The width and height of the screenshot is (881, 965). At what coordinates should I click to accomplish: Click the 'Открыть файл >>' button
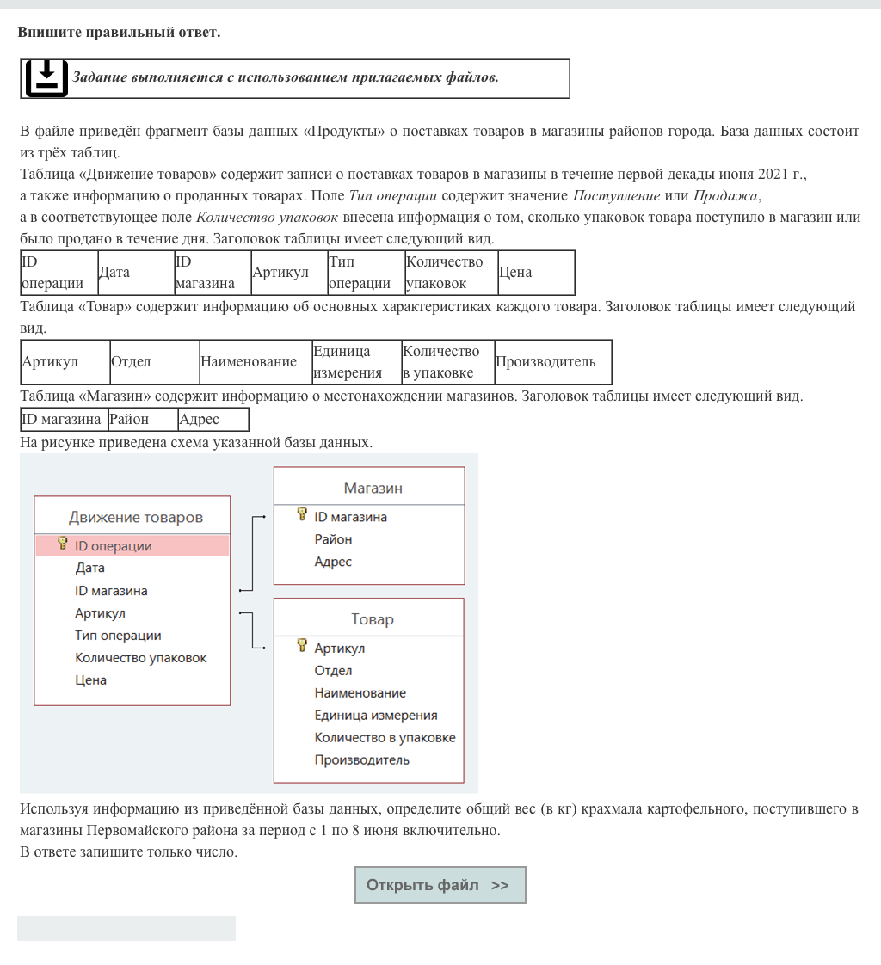coord(440,885)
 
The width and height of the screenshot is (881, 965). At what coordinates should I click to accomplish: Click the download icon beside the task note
coord(46,78)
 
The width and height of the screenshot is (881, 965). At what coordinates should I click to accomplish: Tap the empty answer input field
coord(126,928)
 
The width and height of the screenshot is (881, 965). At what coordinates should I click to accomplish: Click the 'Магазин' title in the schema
coord(373,488)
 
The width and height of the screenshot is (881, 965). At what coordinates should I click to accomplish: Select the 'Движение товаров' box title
coord(136,517)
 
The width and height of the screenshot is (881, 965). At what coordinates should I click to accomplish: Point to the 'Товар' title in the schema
coord(373,619)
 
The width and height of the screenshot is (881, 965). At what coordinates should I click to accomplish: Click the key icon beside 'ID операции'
coord(63,544)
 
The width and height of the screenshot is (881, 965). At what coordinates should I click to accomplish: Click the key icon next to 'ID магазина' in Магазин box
coord(302,515)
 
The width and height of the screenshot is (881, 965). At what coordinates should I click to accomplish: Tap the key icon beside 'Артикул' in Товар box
coord(302,647)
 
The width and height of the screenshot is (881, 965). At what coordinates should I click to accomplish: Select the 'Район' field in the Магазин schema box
coord(333,539)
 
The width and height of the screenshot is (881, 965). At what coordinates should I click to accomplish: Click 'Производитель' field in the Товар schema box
coord(361,759)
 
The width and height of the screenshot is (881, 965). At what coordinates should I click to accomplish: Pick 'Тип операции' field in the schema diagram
coord(118,636)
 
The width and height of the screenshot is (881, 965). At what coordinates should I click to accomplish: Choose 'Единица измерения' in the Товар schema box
coord(376,715)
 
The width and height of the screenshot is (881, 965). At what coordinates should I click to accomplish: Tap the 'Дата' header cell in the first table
coord(115,273)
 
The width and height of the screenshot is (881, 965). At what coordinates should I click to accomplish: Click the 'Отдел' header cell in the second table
coord(132,362)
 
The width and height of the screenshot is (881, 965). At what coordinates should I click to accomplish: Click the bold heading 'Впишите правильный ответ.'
coord(119,33)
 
